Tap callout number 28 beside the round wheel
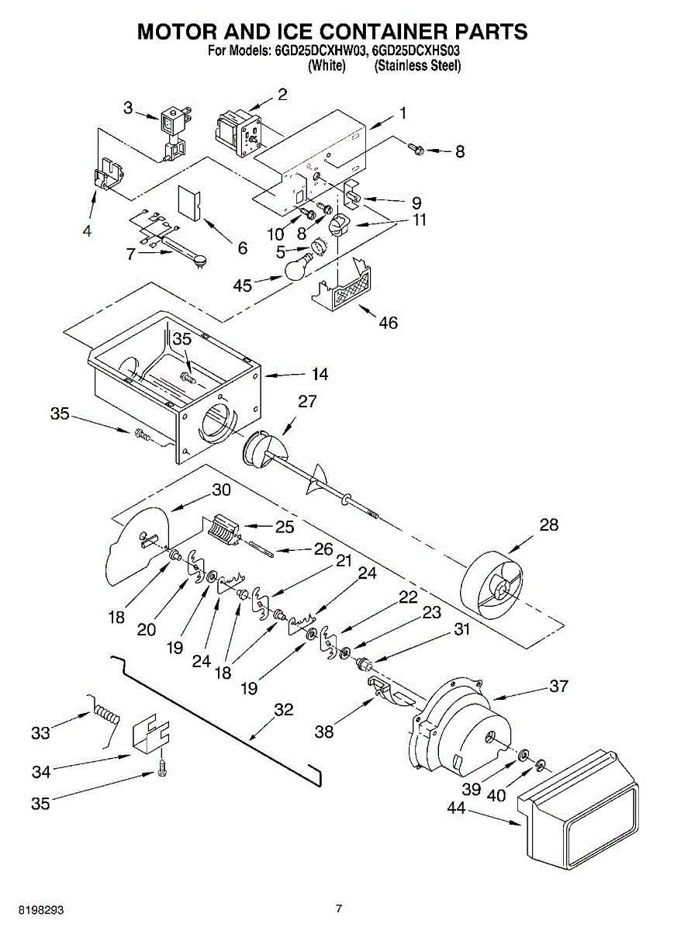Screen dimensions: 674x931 pos(548,525)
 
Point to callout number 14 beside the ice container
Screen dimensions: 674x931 pos(320,374)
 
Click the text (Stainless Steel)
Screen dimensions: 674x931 pos(417,66)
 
